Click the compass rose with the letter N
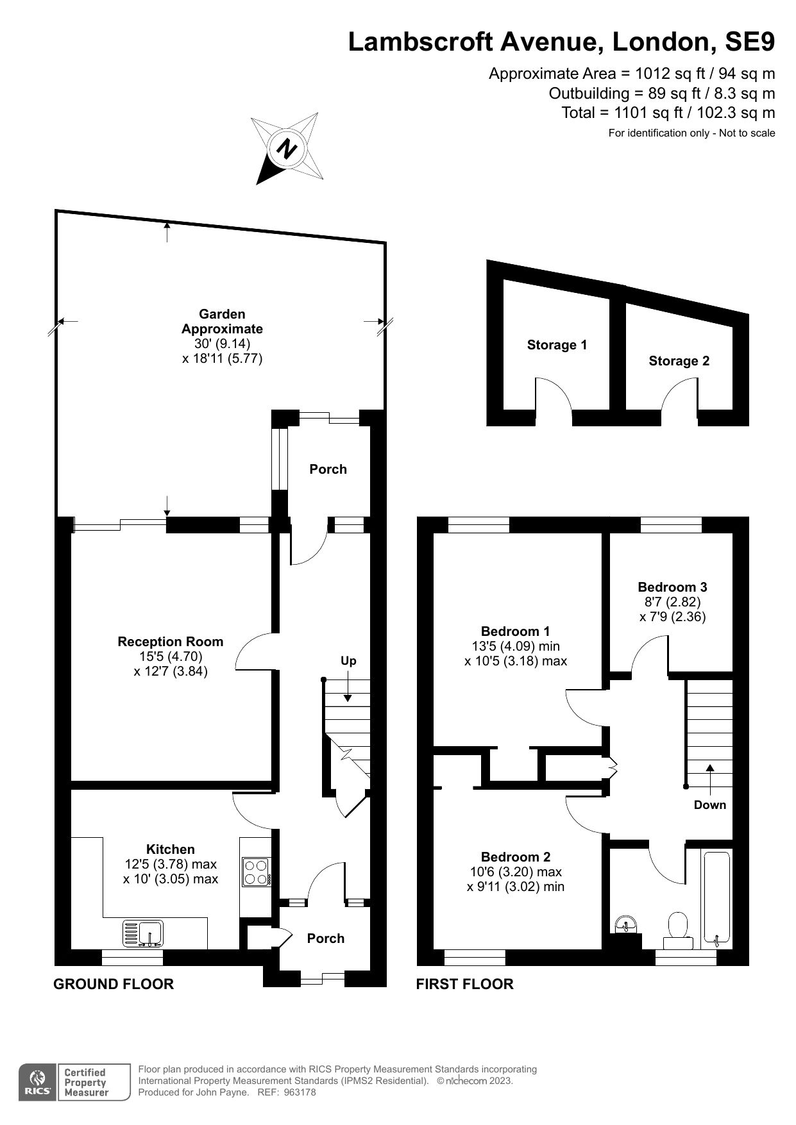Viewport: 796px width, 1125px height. (287, 149)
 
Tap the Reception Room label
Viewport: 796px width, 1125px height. (171, 642)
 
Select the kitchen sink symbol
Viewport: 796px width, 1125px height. (143, 933)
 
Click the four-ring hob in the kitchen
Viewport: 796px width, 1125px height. (256, 872)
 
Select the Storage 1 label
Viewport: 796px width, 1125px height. (557, 345)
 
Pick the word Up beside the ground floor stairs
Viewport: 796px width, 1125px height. (348, 661)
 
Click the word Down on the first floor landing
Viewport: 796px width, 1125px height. (709, 805)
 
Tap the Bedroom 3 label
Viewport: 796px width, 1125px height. (672, 587)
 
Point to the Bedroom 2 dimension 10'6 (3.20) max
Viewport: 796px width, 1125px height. (516, 872)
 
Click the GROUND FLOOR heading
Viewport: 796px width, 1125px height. (114, 984)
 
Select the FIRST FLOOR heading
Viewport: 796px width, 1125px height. (464, 984)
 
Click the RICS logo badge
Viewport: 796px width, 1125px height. (37, 1083)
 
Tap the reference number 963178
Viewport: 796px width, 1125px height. (300, 1093)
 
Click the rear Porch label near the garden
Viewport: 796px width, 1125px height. (328, 469)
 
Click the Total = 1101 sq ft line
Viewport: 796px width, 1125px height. (668, 113)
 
